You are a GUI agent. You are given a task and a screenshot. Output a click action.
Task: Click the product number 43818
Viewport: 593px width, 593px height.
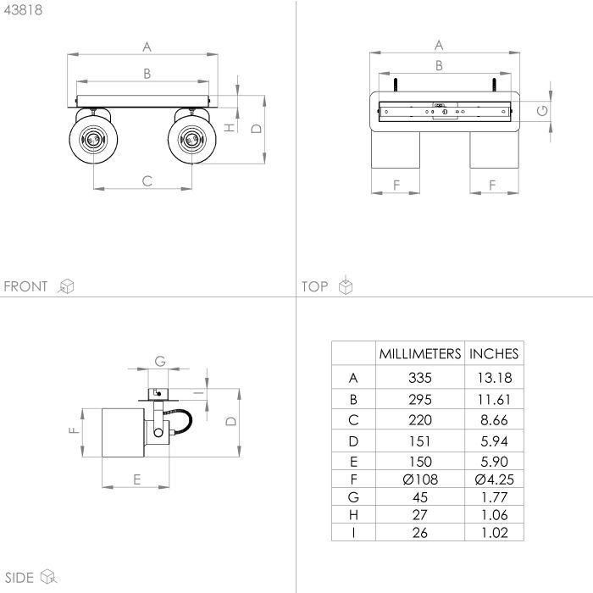[23, 10]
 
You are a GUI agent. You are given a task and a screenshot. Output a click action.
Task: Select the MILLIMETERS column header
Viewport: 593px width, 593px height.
[420, 354]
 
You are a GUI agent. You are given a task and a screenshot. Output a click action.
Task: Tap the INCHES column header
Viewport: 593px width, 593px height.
[494, 354]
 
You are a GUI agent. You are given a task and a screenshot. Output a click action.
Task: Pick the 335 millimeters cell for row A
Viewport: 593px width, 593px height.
[420, 378]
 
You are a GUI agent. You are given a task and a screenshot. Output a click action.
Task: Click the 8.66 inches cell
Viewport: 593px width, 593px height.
[494, 420]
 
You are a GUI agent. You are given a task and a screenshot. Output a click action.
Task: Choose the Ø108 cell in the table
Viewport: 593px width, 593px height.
[420, 479]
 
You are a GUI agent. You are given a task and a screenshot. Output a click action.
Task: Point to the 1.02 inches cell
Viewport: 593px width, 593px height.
[494, 533]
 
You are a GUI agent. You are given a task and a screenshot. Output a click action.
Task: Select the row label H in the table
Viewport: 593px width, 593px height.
[353, 515]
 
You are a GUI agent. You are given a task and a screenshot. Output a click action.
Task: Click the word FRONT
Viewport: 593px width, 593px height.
[25, 286]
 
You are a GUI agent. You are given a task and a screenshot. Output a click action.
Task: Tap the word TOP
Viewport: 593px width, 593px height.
[314, 286]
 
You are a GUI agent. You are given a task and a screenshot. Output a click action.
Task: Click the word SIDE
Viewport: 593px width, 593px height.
[19, 578]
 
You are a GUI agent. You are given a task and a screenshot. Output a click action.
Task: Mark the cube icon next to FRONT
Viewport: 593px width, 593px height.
[66, 286]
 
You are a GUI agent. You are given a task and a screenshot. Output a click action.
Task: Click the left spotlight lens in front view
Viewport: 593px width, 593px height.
[93, 140]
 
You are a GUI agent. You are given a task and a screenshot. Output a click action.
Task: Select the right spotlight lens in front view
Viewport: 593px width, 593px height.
[191, 140]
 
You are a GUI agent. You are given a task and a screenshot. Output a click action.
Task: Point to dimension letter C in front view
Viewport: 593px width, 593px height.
[147, 181]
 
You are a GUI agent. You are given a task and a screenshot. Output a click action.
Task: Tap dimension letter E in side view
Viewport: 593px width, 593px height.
[137, 479]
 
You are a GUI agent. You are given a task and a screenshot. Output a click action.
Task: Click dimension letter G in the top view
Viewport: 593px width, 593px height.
[542, 111]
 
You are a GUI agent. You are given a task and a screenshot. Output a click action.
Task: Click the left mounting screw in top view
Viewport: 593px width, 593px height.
[395, 85]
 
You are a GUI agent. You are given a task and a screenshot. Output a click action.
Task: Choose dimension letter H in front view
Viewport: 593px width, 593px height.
[230, 128]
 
